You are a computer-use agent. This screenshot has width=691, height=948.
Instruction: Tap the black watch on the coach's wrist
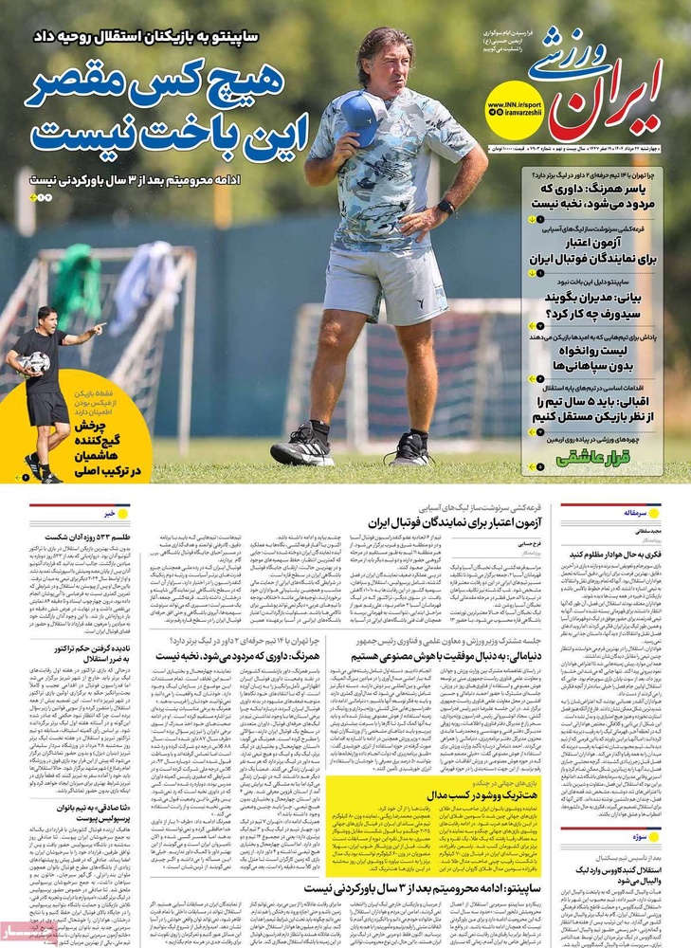(445, 206)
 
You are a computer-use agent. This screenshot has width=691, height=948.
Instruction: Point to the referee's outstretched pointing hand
(98, 329)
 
